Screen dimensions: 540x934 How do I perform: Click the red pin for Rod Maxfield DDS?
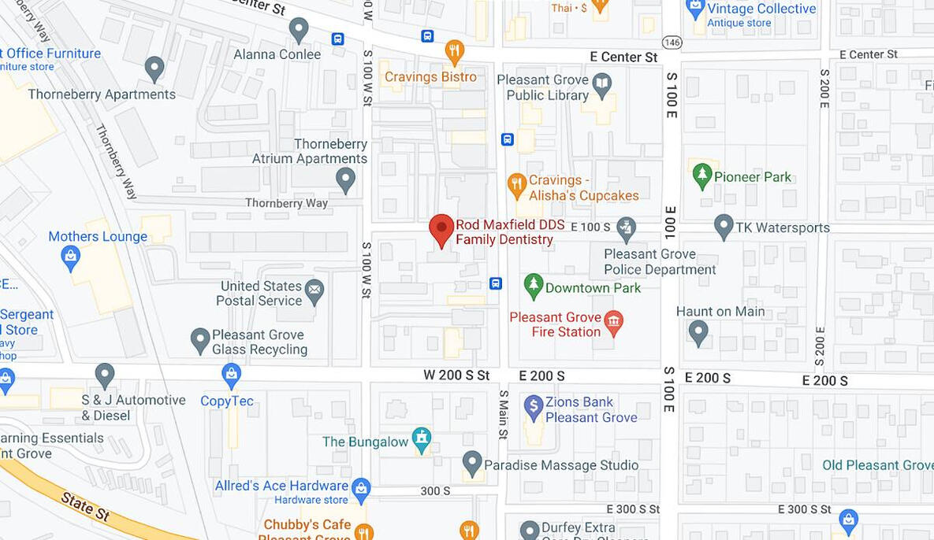441,229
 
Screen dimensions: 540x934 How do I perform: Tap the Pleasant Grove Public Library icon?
602,83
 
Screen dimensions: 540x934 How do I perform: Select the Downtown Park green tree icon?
534,286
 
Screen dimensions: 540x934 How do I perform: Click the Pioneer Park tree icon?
701,175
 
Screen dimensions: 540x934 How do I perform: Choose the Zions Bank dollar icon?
534,405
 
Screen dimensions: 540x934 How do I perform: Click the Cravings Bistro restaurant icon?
455,51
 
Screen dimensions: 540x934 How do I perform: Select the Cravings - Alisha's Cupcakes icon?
516,185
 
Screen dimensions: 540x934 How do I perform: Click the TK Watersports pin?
724,226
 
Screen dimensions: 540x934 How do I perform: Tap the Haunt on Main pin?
698,331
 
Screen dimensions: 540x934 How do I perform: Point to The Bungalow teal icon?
422,439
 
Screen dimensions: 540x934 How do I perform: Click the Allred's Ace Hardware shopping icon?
361,488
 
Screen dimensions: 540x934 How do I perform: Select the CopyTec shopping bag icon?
231,375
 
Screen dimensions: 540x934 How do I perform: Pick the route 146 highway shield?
672,42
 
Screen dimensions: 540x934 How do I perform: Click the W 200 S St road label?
456,375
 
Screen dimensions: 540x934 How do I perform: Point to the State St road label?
84,506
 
